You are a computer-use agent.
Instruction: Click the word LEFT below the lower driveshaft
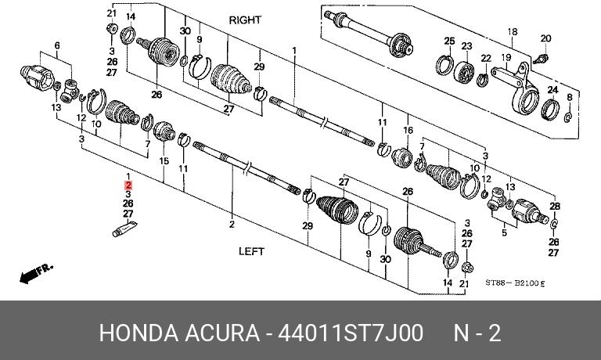click(x=251, y=251)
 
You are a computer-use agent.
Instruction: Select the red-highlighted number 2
click(x=128, y=185)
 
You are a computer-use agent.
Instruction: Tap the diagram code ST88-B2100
click(x=513, y=283)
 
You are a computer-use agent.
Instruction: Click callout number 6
click(x=56, y=46)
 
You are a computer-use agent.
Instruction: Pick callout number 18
click(x=513, y=32)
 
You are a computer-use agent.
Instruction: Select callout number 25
click(x=449, y=41)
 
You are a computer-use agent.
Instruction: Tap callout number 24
click(x=552, y=91)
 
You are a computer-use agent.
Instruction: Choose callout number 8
click(x=569, y=97)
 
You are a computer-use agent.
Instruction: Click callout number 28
click(x=555, y=206)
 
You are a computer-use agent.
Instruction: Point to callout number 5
click(x=504, y=232)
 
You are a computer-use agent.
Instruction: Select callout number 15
click(x=164, y=161)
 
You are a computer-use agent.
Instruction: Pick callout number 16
click(x=407, y=130)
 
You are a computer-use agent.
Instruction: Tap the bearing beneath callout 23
click(x=465, y=71)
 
